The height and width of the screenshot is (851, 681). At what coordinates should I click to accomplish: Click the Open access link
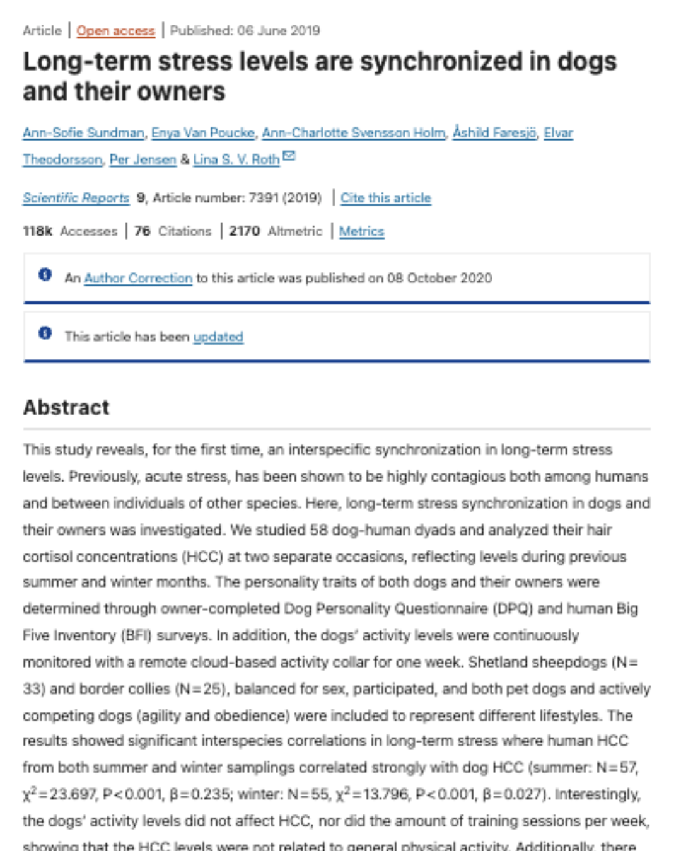[x=115, y=30]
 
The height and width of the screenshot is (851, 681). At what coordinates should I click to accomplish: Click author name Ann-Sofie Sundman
[x=83, y=133]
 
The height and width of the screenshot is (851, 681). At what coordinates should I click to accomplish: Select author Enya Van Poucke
[x=203, y=133]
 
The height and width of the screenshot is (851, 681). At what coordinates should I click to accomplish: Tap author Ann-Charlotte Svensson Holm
[x=353, y=133]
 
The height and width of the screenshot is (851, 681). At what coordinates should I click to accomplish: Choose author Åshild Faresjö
[x=494, y=133]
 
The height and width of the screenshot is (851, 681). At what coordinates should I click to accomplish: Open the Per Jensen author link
[x=143, y=159]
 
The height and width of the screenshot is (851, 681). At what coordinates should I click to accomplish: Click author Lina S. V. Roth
[x=236, y=159]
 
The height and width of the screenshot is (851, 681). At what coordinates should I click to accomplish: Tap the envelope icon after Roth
[x=289, y=156]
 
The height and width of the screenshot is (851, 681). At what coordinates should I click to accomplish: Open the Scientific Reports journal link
[x=76, y=198]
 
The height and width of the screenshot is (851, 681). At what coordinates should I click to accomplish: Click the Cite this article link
[x=385, y=198]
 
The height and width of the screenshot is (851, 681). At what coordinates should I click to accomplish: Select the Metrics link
[x=361, y=231]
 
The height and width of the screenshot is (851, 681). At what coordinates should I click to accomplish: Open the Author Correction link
[x=138, y=278]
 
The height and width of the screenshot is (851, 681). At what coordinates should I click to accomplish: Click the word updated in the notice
[x=218, y=337]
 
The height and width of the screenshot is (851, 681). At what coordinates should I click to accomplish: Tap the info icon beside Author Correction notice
[x=45, y=274]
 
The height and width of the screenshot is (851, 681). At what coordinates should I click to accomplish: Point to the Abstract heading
[x=66, y=407]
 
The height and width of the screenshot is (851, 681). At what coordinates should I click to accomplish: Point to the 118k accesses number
[x=37, y=231]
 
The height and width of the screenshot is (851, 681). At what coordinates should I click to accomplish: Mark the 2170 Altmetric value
[x=244, y=231]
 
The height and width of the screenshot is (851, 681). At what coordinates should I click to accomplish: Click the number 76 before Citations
[x=143, y=231]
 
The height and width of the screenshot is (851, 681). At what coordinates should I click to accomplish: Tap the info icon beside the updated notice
[x=45, y=333]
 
